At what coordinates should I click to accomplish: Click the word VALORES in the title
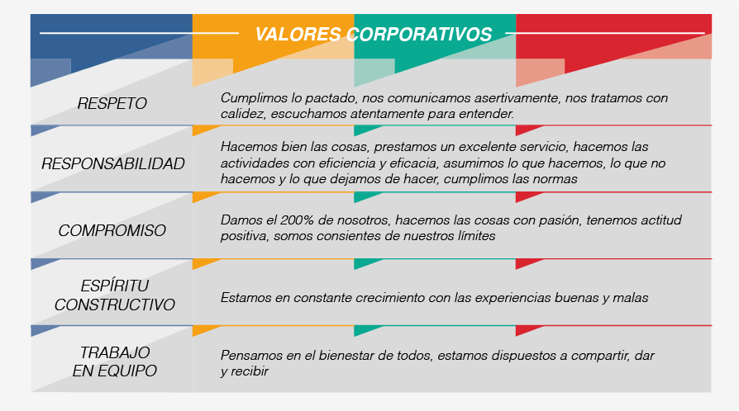pos(298,35)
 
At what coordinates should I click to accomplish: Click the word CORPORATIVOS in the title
pos(419,35)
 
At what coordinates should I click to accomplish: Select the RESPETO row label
pos(112,103)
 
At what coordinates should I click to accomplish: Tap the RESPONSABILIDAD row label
pos(113,164)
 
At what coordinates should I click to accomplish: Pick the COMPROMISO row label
pos(112,231)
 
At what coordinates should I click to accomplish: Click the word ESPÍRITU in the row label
pos(115,286)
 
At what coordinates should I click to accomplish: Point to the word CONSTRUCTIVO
pos(115,305)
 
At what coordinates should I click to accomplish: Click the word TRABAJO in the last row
pos(115,352)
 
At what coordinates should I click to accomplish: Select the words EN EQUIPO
pos(115,371)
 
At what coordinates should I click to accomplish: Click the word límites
pos(476,236)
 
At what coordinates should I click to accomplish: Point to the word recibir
pos(248,371)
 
